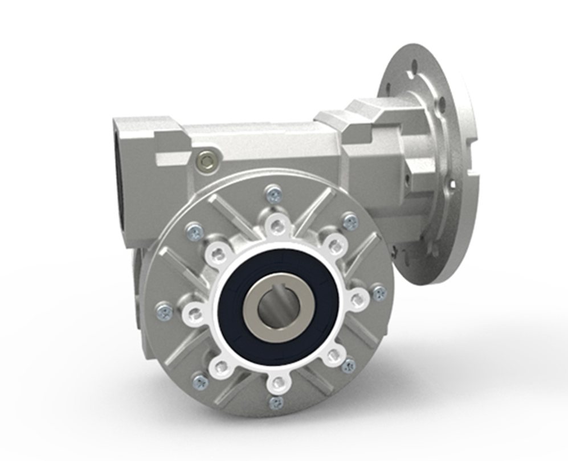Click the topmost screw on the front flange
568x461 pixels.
pyautogui.click(x=275, y=195)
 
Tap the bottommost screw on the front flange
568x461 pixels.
pyautogui.click(x=276, y=402)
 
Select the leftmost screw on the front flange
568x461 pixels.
pyautogui.click(x=165, y=311)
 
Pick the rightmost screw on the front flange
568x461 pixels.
pyautogui.click(x=379, y=293)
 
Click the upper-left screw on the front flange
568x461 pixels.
pyautogui.click(x=195, y=231)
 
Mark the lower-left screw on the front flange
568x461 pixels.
pyautogui.click(x=199, y=382)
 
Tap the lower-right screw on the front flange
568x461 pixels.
pyautogui.click(x=349, y=364)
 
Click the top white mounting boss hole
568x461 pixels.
pyautogui.click(x=277, y=227)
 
